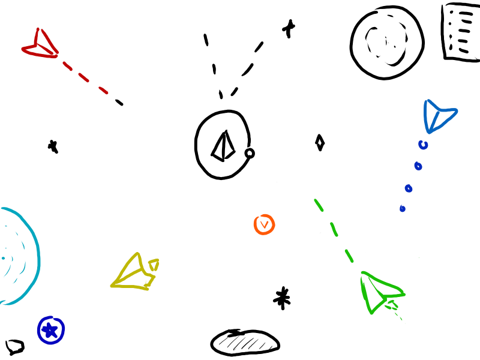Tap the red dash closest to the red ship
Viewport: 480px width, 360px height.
pos(67,66)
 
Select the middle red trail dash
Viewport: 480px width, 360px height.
pos(84,78)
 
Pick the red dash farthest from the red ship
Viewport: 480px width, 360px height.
pos(103,91)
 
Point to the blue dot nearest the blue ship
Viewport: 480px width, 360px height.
pos(423,145)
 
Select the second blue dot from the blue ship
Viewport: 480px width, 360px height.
pos(418,166)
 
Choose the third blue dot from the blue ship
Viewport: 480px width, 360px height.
pos(409,188)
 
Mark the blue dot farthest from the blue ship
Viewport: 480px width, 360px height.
pos(402,209)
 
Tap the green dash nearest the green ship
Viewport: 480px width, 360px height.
pos(349,256)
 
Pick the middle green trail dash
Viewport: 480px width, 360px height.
pos(334,229)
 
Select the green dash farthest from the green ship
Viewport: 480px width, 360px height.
pos(319,205)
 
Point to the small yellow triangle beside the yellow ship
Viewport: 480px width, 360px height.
pos(154,264)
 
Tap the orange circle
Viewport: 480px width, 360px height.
pos(264,224)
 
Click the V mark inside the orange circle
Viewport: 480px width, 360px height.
pos(264,224)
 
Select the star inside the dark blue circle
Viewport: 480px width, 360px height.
pos(50,329)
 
